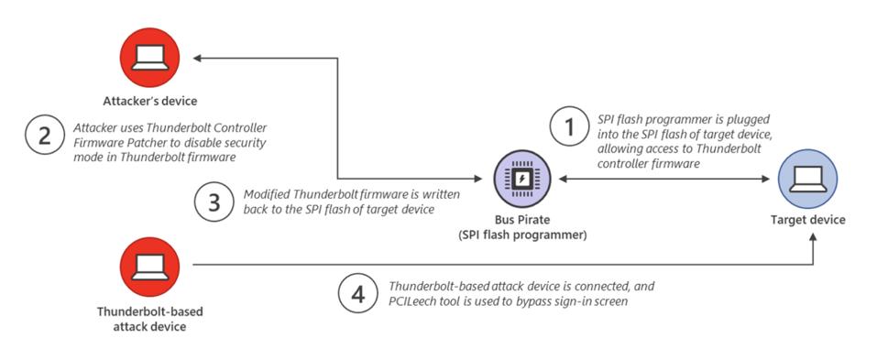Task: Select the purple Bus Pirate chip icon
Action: click(520, 179)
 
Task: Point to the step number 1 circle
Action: click(570, 129)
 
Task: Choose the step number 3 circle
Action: click(214, 202)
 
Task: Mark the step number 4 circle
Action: click(358, 293)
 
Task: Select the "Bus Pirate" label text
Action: click(521, 221)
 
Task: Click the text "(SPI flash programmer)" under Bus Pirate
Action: click(521, 235)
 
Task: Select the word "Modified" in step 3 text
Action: click(267, 195)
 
